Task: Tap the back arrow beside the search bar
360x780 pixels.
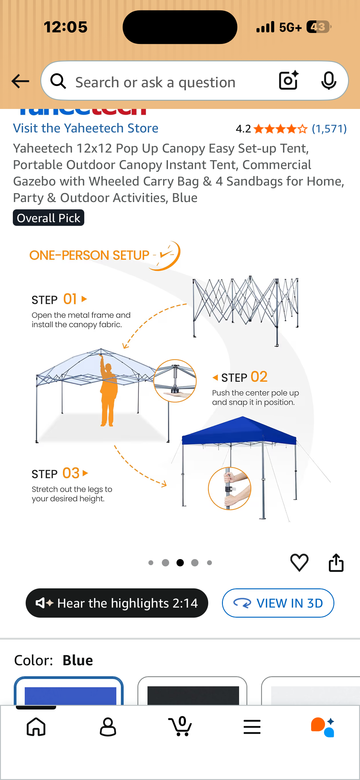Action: (x=20, y=81)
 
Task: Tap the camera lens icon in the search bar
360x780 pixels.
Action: (x=288, y=81)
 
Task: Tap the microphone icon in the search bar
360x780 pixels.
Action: (x=329, y=81)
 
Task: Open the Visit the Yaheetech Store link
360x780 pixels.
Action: (x=85, y=128)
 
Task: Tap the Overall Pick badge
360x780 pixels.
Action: (x=48, y=218)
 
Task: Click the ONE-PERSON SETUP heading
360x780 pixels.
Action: (x=89, y=255)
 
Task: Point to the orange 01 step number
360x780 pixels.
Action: (x=70, y=299)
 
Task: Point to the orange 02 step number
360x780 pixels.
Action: (x=259, y=377)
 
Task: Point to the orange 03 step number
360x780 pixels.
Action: (x=71, y=473)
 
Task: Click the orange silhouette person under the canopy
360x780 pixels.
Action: (x=108, y=394)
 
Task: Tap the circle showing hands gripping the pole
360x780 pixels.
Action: (x=229, y=488)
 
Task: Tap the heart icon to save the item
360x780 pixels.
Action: (x=299, y=562)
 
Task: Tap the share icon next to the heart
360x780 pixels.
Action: (x=336, y=562)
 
